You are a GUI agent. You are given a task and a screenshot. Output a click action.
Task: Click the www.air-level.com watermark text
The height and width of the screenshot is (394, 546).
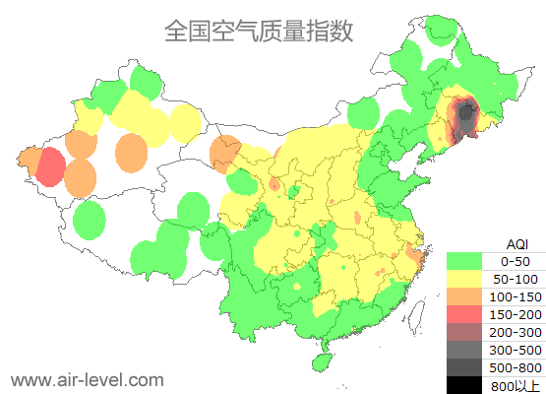click(x=87, y=379)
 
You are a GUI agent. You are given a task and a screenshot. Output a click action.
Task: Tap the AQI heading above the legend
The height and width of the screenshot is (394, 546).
click(x=516, y=243)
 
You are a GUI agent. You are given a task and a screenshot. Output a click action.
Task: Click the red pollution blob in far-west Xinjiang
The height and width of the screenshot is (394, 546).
click(x=49, y=166)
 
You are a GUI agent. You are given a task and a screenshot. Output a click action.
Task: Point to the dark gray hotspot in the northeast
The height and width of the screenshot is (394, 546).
click(x=462, y=118)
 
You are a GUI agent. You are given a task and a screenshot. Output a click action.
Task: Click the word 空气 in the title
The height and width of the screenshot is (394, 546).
click(x=236, y=31)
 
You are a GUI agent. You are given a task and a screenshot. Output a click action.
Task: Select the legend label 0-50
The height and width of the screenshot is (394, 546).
click(x=515, y=261)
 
